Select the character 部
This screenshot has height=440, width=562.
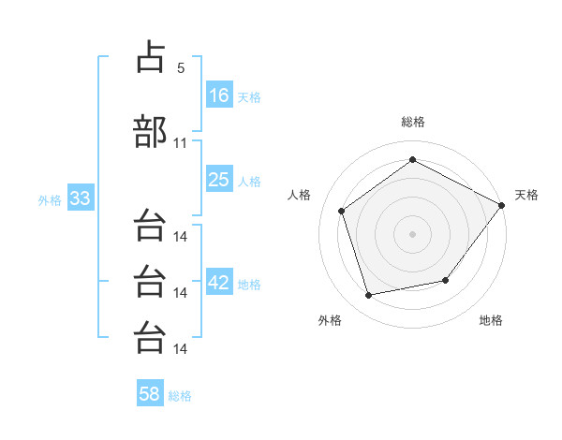151,131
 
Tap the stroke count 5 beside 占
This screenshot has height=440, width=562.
181,68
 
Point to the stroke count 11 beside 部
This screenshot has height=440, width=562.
181,143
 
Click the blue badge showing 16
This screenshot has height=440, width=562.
219,95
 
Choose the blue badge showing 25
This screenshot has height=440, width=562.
219,180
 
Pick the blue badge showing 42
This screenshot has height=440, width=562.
219,283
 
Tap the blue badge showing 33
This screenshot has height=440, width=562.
80,199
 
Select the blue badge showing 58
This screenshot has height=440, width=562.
150,394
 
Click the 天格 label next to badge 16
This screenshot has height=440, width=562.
249,96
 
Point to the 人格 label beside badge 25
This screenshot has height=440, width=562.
249,181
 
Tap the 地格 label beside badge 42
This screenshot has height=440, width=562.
249,284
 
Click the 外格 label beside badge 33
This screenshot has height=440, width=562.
50,200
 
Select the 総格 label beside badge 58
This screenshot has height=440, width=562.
180,395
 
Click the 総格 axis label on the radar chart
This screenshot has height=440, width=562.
413,122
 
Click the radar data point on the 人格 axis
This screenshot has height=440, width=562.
342,211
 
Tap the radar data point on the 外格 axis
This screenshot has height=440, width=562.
369,296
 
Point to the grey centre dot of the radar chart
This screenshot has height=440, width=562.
413,233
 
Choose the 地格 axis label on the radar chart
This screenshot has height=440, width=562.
491,320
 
